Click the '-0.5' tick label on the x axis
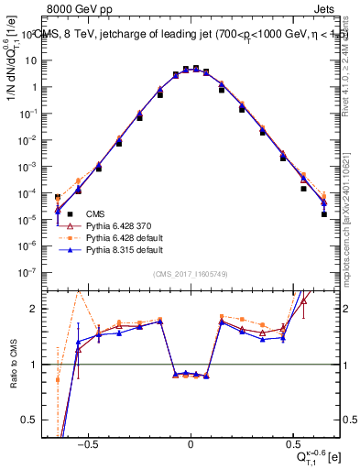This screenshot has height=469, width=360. pyautogui.click(x=87, y=442)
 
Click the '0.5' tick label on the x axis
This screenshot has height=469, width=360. pyautogui.click(x=292, y=442)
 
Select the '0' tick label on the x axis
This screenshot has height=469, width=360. pyautogui.click(x=191, y=442)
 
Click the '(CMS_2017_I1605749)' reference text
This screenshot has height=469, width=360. pyautogui.click(x=190, y=275)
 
